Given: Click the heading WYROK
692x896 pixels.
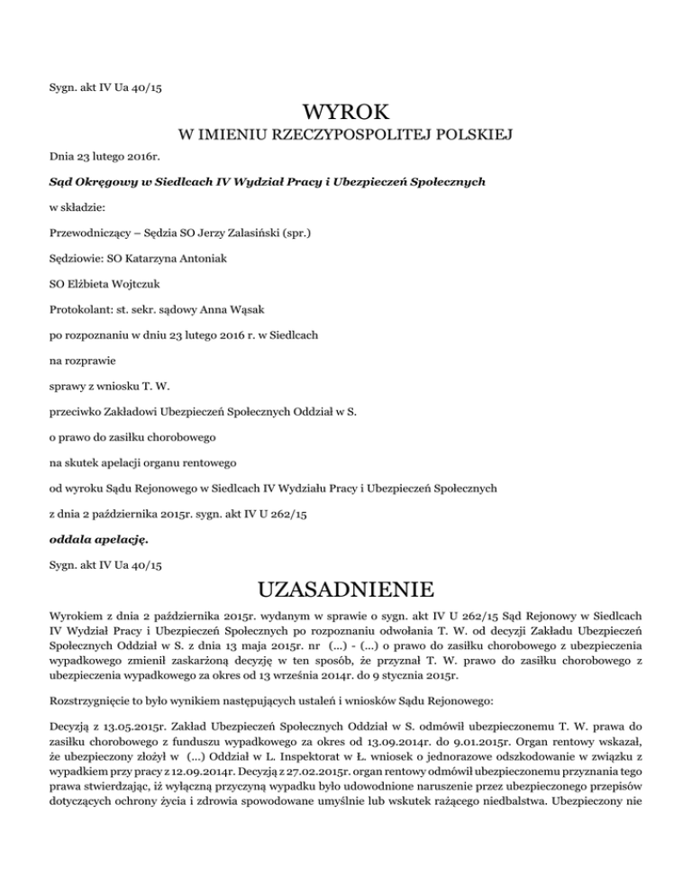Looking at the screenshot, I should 346,114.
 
